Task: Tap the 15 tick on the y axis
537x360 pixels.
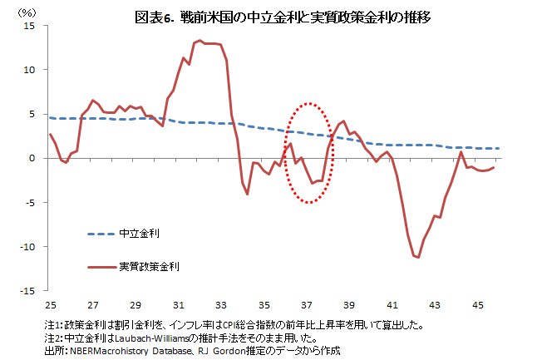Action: pyautogui.click(x=30, y=26)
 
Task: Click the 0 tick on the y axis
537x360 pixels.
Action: pyautogui.click(x=32, y=158)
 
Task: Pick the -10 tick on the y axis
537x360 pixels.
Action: pyautogui.click(x=27, y=247)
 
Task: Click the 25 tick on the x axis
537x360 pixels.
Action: pyautogui.click(x=50, y=304)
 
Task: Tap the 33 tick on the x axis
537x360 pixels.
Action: pyautogui.click(x=221, y=304)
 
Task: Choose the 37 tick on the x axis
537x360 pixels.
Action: pyautogui.click(x=307, y=304)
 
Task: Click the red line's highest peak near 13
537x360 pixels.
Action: pyautogui.click(x=200, y=40)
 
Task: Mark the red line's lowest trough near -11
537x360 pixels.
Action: pyautogui.click(x=418, y=258)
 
